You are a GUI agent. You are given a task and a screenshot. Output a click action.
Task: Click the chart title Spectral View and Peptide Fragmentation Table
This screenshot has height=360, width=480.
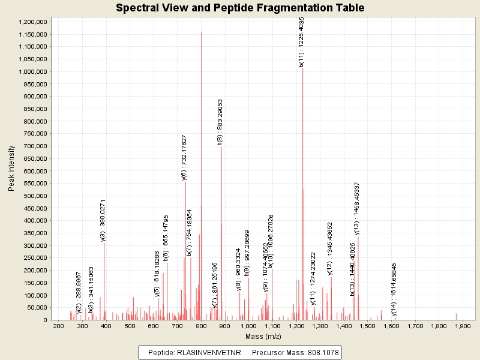[240, 8]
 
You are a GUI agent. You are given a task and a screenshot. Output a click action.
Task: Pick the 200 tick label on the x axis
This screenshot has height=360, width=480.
[59, 326]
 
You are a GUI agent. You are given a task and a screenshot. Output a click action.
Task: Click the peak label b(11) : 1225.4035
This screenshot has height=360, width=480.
[302, 41]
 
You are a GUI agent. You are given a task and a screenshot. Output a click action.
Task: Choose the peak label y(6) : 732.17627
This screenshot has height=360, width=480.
[184, 157]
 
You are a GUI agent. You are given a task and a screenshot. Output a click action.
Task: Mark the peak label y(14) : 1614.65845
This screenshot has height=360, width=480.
[394, 289]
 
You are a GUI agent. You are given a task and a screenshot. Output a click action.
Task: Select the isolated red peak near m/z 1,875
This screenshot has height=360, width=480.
[456, 316]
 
